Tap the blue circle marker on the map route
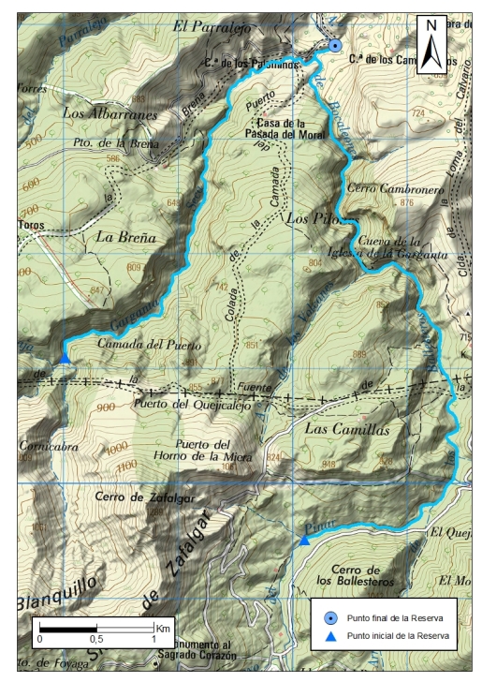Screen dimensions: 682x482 [x=335, y=45]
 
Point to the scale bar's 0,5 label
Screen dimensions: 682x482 [x=96, y=638]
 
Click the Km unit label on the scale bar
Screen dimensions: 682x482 [x=163, y=627]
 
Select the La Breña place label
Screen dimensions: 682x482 [x=124, y=238]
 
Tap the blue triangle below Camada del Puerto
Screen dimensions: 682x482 [x=65, y=357]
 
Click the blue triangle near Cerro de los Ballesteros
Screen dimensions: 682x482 [x=304, y=539]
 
